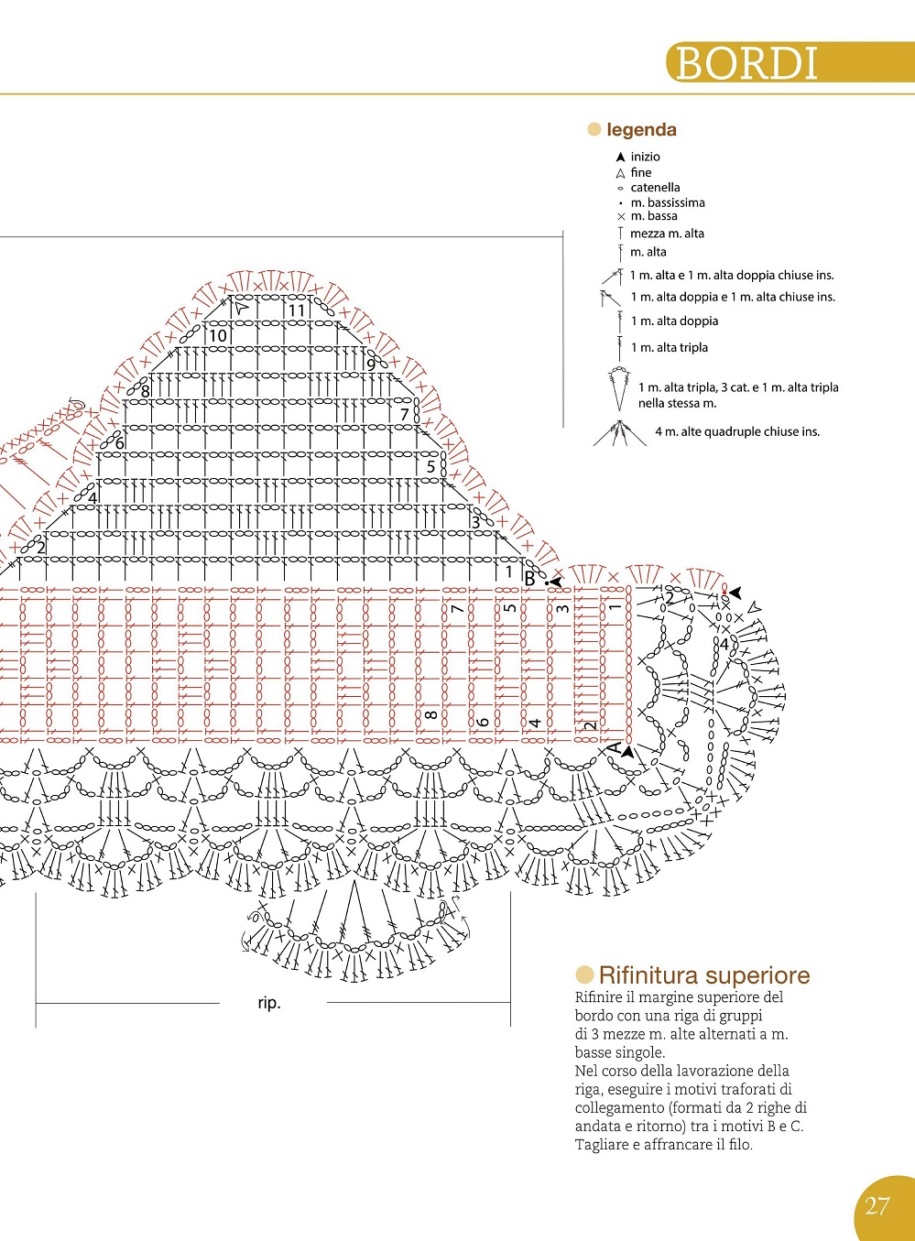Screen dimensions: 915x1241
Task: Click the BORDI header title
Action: [x=746, y=63]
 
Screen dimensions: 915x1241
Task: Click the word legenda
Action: [x=641, y=130]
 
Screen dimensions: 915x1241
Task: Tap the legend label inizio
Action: [x=645, y=157]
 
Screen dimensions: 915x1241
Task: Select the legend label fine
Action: [x=640, y=172]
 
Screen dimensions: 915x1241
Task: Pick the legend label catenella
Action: [x=655, y=187]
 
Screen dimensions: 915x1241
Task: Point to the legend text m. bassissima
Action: [x=668, y=202]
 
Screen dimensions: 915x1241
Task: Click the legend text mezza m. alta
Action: [x=667, y=234]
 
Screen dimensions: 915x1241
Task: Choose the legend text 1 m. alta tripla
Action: [x=670, y=347]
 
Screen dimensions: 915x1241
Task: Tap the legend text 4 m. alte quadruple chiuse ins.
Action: [x=737, y=431]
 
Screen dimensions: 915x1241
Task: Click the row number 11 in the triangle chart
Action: [x=297, y=310]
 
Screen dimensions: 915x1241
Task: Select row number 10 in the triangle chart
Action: [x=218, y=335]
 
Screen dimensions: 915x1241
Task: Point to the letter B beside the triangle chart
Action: [x=529, y=580]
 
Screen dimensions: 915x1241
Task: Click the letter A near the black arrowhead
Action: [x=615, y=747]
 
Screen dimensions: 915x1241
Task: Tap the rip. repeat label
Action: [x=269, y=1003]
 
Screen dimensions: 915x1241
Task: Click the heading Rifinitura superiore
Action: [x=704, y=975]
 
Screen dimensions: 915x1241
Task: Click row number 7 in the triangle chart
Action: [x=405, y=414]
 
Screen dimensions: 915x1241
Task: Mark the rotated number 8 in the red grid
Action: [x=430, y=714]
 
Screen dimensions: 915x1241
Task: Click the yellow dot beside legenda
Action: [x=594, y=130]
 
